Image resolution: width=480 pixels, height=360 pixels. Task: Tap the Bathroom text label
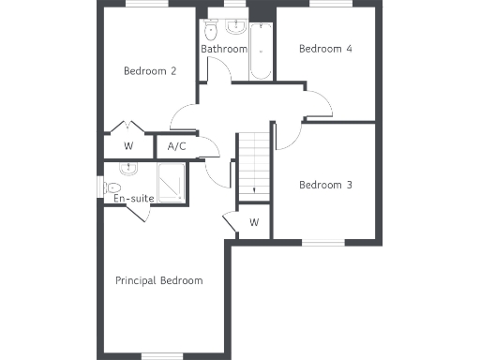point(224,49)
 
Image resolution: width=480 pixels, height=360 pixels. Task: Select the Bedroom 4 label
point(325,49)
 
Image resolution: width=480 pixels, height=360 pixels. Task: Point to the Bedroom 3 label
point(325,185)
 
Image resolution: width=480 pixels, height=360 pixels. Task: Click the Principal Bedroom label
point(158,280)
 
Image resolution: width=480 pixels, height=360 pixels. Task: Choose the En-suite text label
point(133,199)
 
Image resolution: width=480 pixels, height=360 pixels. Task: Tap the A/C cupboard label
point(176,146)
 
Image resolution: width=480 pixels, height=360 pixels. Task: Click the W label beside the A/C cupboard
point(128,146)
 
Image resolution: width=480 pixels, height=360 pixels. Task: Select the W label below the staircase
point(254,222)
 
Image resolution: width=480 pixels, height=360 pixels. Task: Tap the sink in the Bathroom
point(235,24)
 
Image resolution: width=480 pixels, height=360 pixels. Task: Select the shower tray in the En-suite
point(172,182)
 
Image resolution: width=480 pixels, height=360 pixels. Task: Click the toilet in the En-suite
point(127,169)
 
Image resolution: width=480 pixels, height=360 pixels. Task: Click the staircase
point(252,164)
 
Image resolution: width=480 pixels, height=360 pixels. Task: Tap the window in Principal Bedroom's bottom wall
point(161,353)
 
